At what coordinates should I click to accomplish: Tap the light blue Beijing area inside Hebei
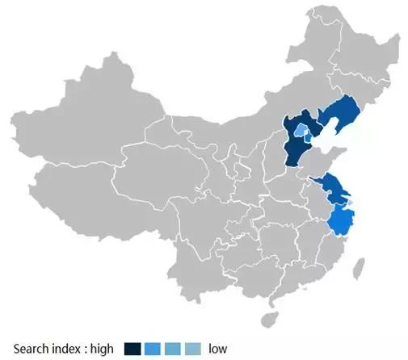[x=301, y=131]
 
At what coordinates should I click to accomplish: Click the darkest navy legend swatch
[x=132, y=349]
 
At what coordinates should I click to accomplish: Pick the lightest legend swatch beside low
[x=193, y=349]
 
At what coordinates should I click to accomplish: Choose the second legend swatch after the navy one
[x=153, y=349]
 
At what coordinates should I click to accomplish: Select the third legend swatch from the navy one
[x=173, y=349]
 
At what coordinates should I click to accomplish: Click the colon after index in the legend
[x=89, y=349]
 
